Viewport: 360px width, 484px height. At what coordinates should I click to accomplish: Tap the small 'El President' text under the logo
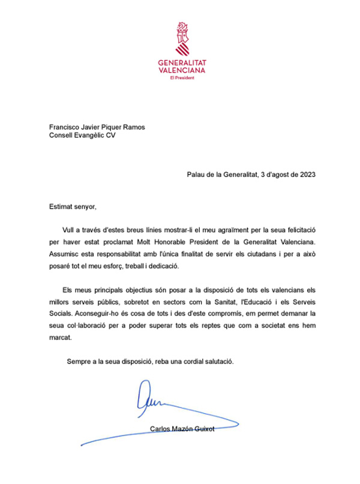tap(181, 77)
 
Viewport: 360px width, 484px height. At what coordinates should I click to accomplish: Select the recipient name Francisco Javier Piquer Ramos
tap(97, 127)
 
